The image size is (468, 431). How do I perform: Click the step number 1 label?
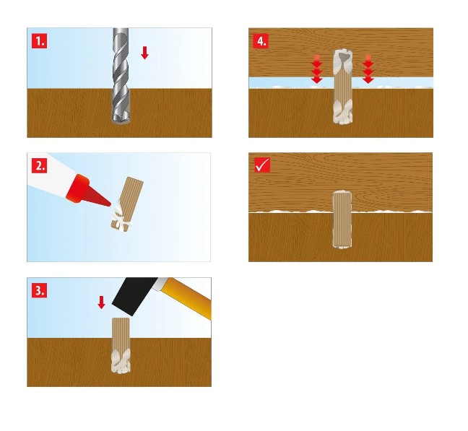pyautogui.click(x=40, y=41)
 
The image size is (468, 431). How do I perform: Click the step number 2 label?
pyautogui.click(x=40, y=165)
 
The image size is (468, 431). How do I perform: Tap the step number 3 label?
pyautogui.click(x=40, y=290)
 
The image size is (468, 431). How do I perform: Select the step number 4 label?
pyautogui.click(x=261, y=41)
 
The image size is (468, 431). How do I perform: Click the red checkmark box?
pyautogui.click(x=262, y=165)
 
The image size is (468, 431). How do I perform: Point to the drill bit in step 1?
pyautogui.click(x=121, y=76)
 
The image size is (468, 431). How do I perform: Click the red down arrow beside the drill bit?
pyautogui.click(x=144, y=53)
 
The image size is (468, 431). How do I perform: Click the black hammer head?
pyautogui.click(x=134, y=295)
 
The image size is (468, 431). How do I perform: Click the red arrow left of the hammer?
pyautogui.click(x=102, y=302)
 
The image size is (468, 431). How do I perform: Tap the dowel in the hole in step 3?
pyautogui.click(x=121, y=345)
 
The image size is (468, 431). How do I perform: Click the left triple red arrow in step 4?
pyautogui.click(x=316, y=69)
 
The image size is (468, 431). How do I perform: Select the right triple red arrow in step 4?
pyautogui.click(x=368, y=69)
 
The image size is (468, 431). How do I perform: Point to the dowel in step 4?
pyautogui.click(x=342, y=87)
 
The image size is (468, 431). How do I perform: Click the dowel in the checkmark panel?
pyautogui.click(x=342, y=219)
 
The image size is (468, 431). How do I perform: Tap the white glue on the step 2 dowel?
pyautogui.click(x=121, y=217)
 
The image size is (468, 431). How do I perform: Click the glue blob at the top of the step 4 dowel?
pyautogui.click(x=342, y=61)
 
